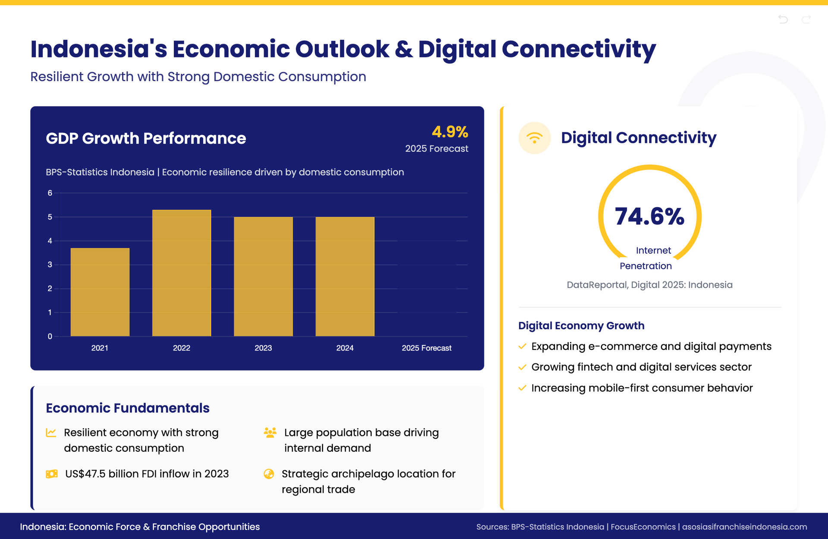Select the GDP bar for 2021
(100, 292)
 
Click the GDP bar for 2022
(182, 273)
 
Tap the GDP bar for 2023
(263, 277)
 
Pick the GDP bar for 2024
(345, 277)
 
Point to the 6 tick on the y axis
(50, 193)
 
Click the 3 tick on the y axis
(50, 265)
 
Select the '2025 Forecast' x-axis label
(427, 348)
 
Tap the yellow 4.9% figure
(450, 132)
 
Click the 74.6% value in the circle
(649, 216)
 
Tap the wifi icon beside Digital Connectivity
(535, 138)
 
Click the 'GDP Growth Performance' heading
(146, 138)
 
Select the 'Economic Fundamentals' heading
(128, 408)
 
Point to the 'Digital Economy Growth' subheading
(581, 325)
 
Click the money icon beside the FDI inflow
(52, 474)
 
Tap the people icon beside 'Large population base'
(270, 432)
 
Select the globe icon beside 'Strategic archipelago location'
(269, 474)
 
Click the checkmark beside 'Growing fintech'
(522, 367)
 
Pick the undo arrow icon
(783, 19)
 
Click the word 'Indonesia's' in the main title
(99, 49)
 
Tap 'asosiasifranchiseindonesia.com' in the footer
(744, 527)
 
